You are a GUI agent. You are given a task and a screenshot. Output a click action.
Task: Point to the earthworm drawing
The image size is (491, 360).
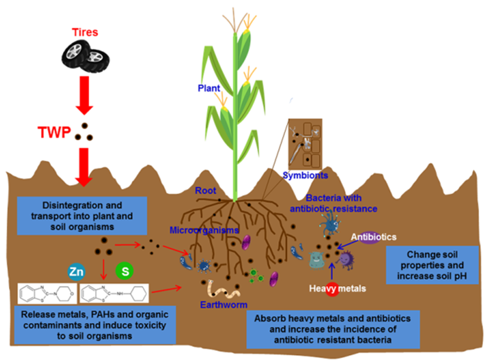[x=222, y=290]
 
